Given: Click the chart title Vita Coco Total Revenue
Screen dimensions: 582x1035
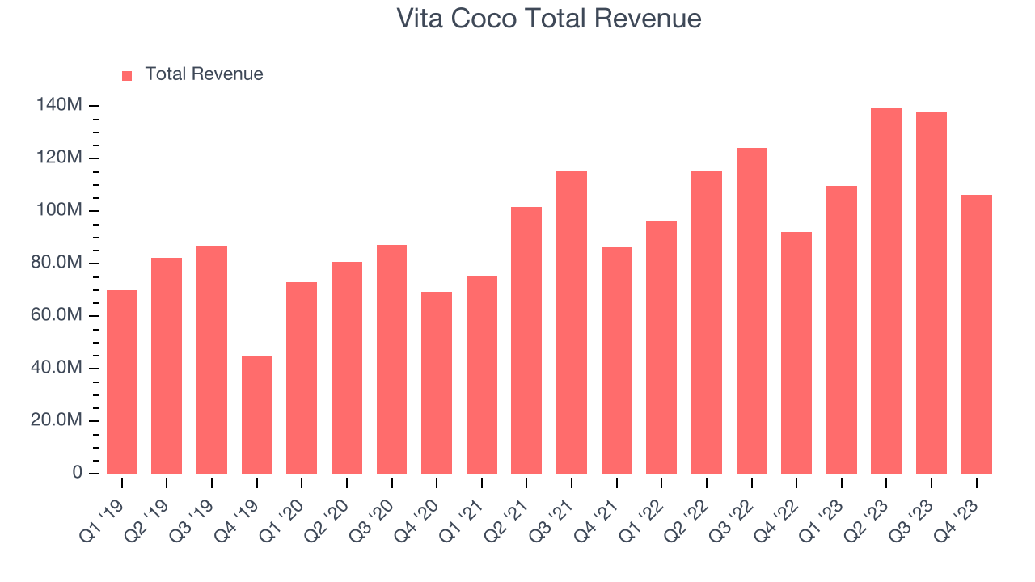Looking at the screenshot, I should coord(549,19).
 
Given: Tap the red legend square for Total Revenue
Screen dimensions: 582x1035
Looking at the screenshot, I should coord(127,75).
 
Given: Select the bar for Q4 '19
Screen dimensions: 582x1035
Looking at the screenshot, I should coord(257,415).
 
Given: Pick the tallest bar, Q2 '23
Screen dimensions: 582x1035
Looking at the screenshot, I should coord(886,291).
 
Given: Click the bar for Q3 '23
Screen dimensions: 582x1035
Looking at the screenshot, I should coord(931,293).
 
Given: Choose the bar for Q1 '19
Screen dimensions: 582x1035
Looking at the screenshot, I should coord(122,382).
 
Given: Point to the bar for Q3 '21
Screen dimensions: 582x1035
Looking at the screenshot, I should coord(572,322).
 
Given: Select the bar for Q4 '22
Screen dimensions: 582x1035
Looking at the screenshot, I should coord(796,352).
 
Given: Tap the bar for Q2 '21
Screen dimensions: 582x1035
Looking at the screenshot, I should coord(526,340).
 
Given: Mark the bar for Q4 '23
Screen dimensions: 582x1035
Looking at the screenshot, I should coord(976,334).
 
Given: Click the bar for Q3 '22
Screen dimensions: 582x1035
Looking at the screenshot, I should coord(751,310).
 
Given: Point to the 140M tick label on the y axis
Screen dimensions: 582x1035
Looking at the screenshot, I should coord(59,105).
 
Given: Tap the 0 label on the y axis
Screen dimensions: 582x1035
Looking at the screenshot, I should coord(77,473).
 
